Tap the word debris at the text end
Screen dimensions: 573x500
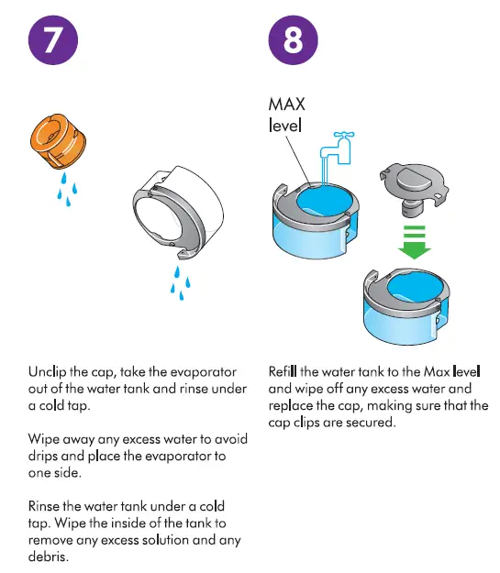point(50,556)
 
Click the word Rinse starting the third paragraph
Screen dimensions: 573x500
point(48,506)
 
